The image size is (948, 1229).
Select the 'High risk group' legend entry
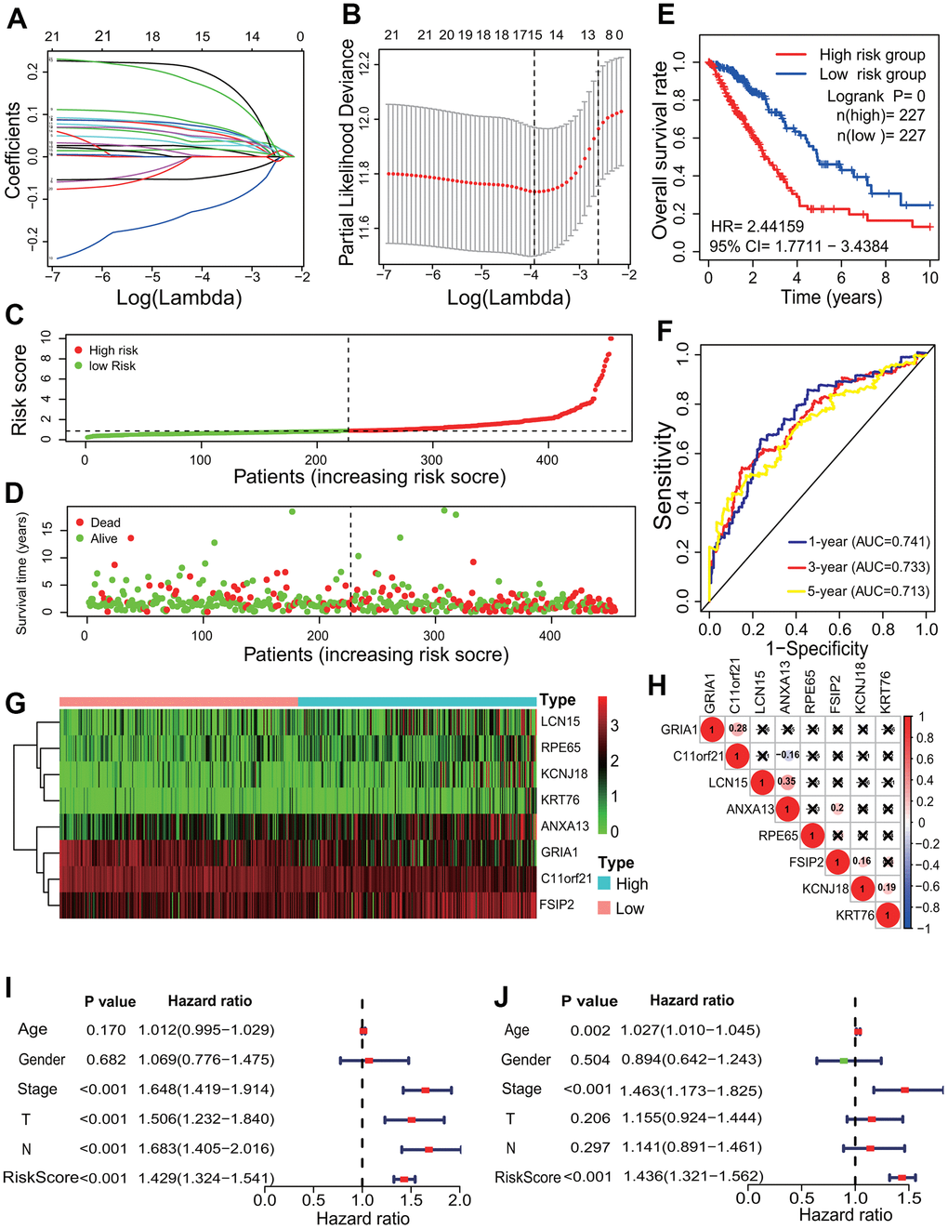click(872, 55)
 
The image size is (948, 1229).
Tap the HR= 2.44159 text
click(757, 226)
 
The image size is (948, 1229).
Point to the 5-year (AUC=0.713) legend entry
click(868, 591)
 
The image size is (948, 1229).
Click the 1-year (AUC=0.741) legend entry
click(868, 542)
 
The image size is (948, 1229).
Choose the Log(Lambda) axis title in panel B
click(508, 297)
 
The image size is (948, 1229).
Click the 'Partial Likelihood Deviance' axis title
click(347, 152)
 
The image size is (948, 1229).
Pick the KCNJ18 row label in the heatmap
click(564, 773)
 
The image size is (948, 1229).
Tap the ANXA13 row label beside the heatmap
click(564, 826)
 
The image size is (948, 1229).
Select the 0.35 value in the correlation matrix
click(787, 782)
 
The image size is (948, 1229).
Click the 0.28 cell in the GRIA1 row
click(738, 729)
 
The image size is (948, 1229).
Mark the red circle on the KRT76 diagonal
click(888, 916)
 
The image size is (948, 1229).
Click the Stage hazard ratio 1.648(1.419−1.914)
click(206, 1090)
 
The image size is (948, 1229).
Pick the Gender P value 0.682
click(106, 1060)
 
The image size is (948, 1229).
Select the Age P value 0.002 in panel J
click(590, 1030)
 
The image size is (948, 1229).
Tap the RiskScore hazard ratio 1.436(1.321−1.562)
click(693, 1177)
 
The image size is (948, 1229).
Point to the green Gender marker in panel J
click(844, 1060)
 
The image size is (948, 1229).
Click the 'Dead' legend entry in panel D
click(105, 522)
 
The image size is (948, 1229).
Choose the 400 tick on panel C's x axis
click(547, 459)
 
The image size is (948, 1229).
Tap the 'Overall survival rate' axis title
click(660, 151)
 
